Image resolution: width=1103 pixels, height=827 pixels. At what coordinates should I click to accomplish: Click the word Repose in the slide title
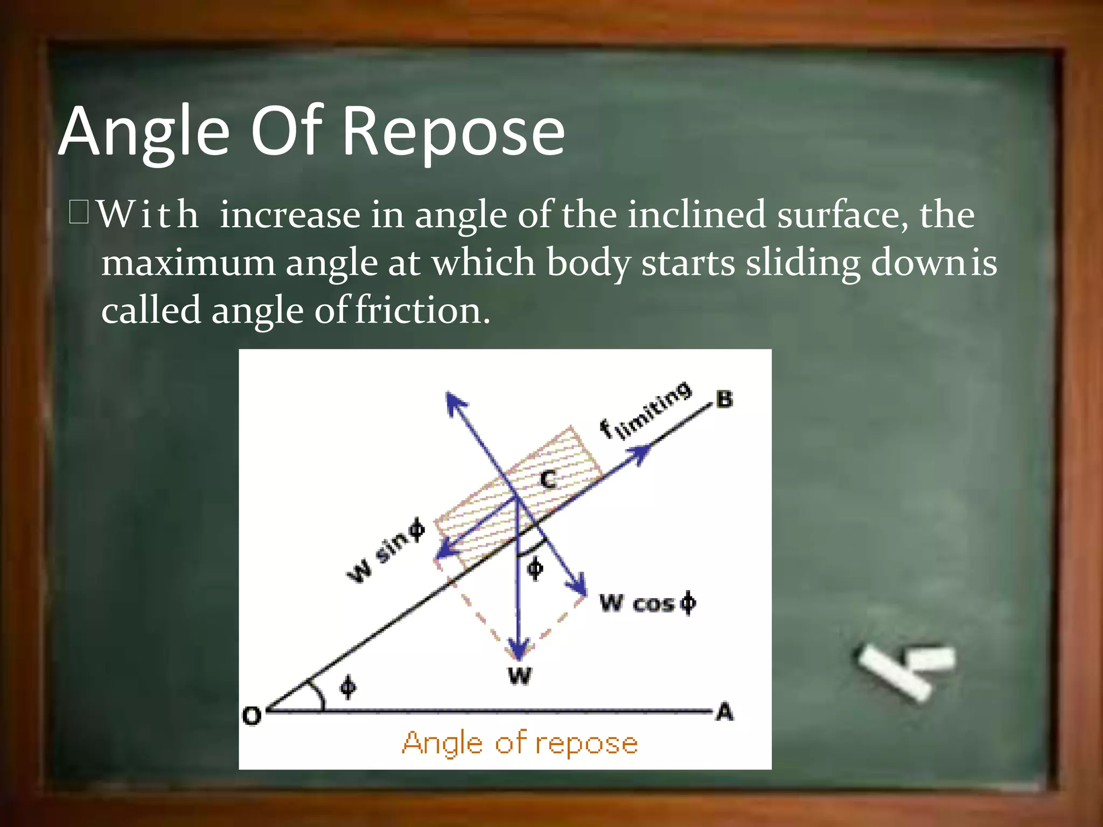(453, 132)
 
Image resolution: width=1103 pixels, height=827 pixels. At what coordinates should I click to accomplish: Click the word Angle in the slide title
(144, 132)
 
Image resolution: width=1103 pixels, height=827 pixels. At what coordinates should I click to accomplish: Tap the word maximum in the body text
(188, 263)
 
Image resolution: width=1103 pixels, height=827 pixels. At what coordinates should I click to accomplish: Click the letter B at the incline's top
(724, 400)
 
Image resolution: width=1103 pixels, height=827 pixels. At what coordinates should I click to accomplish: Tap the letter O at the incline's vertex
(252, 716)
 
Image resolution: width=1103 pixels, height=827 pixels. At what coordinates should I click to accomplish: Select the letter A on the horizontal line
(724, 712)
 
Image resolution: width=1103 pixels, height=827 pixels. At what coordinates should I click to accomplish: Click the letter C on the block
(548, 479)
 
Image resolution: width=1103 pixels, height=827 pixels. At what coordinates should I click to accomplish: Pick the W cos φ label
(647, 602)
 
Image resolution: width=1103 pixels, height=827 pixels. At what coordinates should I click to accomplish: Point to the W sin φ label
(385, 550)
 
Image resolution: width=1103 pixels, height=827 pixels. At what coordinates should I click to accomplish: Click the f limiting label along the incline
(645, 411)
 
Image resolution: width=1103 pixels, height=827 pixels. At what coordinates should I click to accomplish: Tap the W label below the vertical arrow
(519, 675)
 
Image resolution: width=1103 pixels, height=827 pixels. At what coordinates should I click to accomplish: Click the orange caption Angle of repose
(520, 743)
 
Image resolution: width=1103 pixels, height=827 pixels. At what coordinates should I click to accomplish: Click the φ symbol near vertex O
(348, 687)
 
